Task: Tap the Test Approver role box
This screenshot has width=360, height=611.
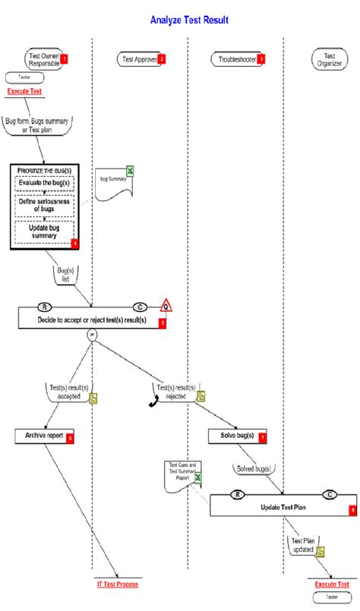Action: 141,58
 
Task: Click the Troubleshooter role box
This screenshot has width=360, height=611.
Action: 236,58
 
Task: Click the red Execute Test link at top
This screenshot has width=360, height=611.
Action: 24,91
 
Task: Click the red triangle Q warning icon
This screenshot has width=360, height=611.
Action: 165,305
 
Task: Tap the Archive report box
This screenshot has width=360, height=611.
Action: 43,436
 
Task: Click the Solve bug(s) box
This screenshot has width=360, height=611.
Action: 235,436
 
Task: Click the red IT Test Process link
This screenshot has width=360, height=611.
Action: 118,584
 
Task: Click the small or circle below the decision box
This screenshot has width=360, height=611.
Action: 92,335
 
